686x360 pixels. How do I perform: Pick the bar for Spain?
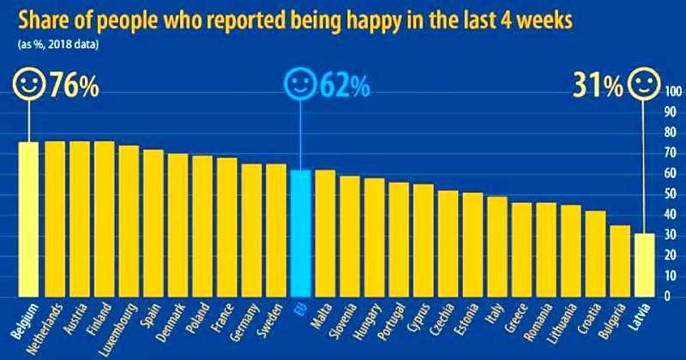(153, 223)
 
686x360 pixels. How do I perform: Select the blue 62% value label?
(346, 86)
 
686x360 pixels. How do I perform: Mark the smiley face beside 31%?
(644, 87)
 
